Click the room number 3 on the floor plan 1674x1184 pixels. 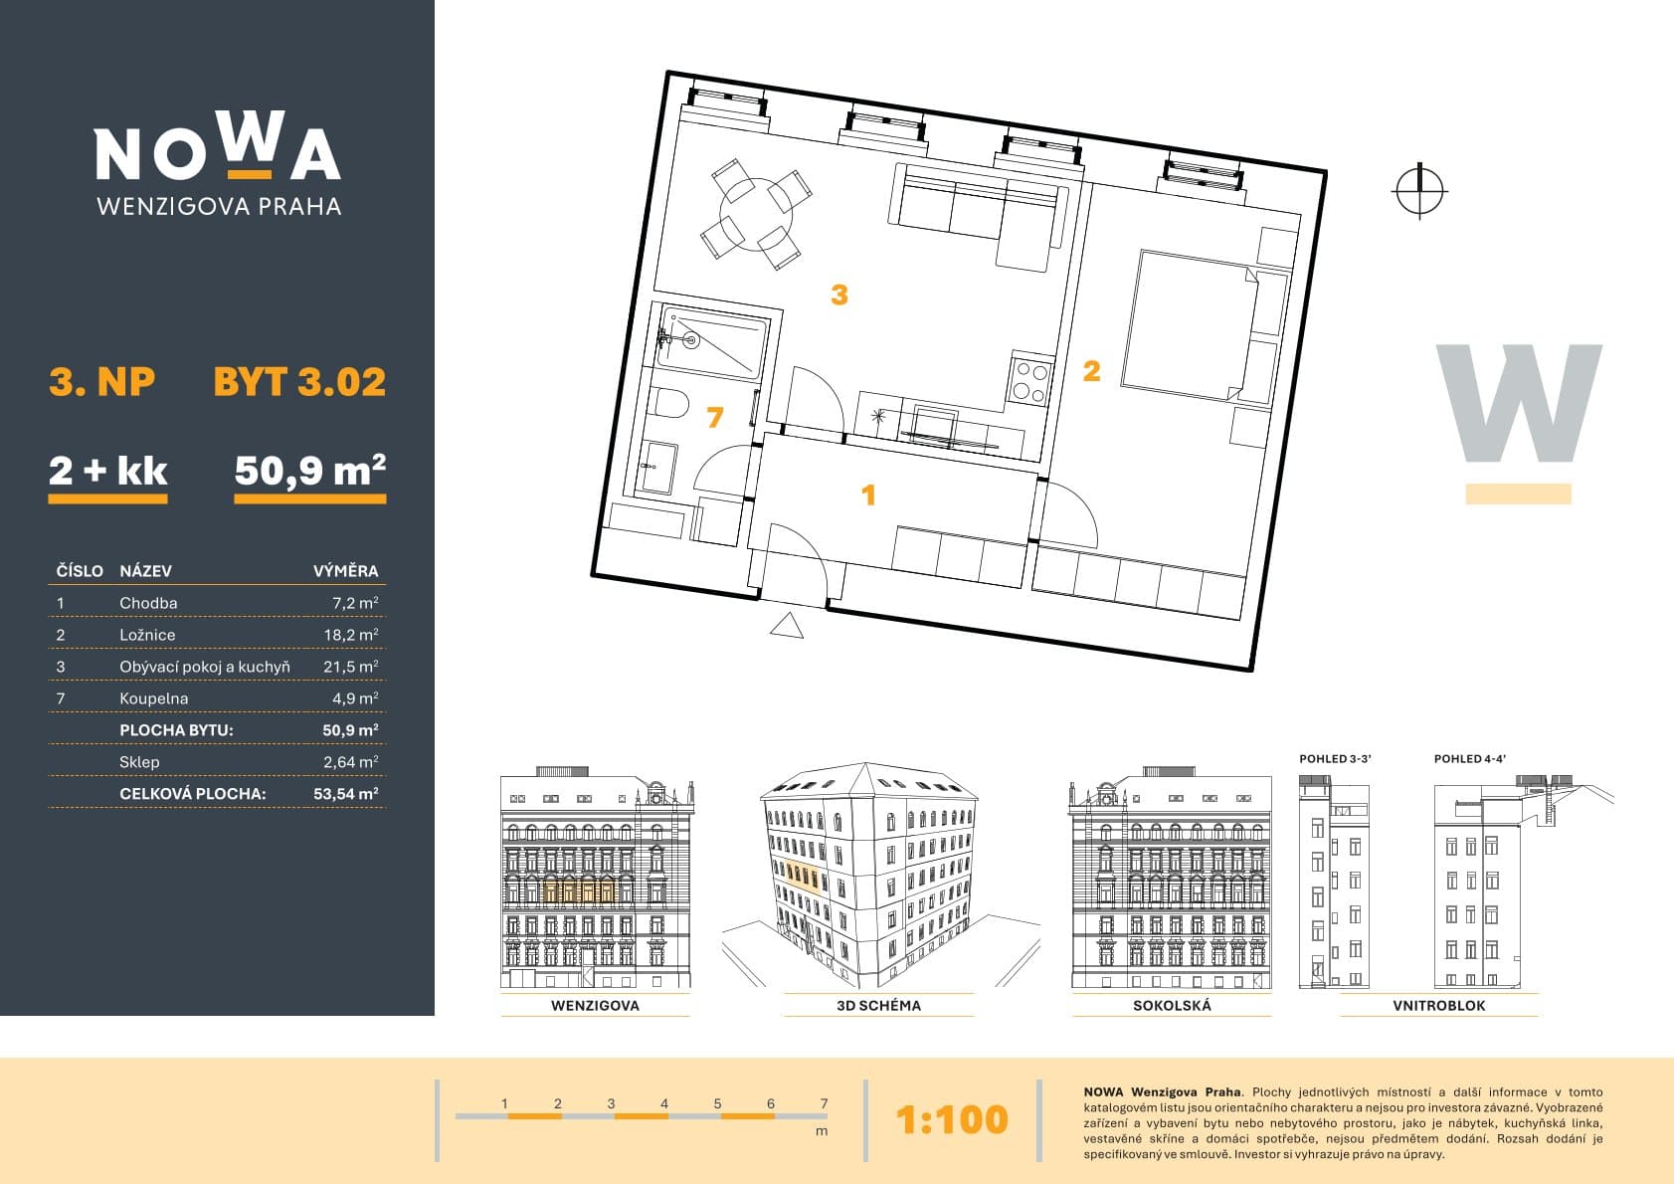tap(839, 295)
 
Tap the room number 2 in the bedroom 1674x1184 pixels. tap(1091, 371)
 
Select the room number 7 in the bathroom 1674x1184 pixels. tap(715, 417)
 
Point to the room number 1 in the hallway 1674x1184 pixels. tap(867, 494)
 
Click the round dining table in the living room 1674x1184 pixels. tap(755, 213)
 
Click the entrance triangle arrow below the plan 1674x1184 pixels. tap(786, 627)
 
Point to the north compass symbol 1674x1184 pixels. tap(1419, 191)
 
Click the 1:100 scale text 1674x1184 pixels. tap(952, 1119)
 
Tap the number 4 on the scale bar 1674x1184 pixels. tap(663, 1103)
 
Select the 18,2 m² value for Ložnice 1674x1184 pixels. tap(350, 635)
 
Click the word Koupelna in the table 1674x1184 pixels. tap(154, 698)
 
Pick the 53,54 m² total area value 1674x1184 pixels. tap(346, 794)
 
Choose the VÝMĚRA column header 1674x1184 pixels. tap(345, 571)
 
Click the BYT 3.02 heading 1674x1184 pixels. tap(299, 382)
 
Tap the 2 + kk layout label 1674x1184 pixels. tap(108, 471)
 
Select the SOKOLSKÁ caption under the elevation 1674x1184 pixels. tap(1172, 1005)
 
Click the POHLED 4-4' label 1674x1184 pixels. tap(1469, 759)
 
